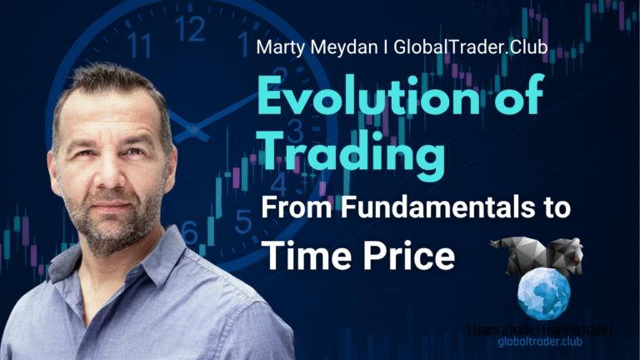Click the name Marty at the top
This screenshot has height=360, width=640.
[x=281, y=48]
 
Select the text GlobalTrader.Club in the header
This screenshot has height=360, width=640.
[x=471, y=47]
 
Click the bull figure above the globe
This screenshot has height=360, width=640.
[x=517, y=255]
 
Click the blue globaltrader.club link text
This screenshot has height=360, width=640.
[x=540, y=342]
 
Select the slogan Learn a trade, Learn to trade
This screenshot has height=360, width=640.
[x=540, y=330]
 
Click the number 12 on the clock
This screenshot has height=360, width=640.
[x=190, y=29]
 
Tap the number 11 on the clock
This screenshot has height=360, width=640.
[x=138, y=45]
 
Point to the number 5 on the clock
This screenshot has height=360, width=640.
[x=243, y=221]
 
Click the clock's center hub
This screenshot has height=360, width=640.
[x=192, y=130]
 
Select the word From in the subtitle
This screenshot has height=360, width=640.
[x=297, y=207]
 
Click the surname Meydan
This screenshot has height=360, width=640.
[x=343, y=48]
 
